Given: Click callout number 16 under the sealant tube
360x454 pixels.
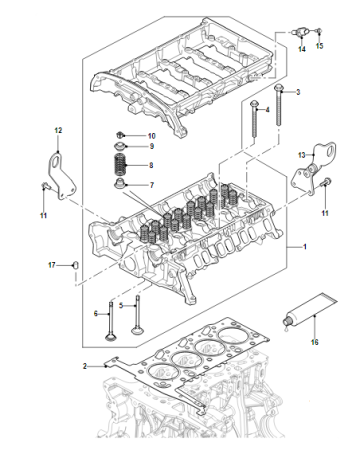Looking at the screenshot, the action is pyautogui.click(x=315, y=342).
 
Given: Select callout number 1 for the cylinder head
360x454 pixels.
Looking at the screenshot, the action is pyautogui.click(x=304, y=247).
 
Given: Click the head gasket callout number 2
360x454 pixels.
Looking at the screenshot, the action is pyautogui.click(x=85, y=366).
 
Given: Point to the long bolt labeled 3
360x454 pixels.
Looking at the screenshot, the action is pyautogui.click(x=279, y=105).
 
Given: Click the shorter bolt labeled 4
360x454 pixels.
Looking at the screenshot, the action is pyautogui.click(x=255, y=118).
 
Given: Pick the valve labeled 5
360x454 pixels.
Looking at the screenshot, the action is pyautogui.click(x=136, y=316).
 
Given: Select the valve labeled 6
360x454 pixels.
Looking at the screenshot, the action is pyautogui.click(x=110, y=321).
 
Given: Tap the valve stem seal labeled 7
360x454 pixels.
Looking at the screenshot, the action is pyautogui.click(x=120, y=183).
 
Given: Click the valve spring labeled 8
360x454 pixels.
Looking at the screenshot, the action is pyautogui.click(x=120, y=165).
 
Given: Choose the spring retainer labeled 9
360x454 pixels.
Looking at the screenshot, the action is pyautogui.click(x=120, y=146).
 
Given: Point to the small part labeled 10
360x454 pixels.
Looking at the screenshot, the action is pyautogui.click(x=120, y=135).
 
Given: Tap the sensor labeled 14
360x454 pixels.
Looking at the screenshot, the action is pyautogui.click(x=299, y=33).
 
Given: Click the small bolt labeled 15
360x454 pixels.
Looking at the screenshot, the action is pyautogui.click(x=319, y=32).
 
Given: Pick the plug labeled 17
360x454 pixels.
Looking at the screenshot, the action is pyautogui.click(x=76, y=265).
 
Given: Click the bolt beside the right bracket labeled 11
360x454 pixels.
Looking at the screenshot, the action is pyautogui.click(x=326, y=182).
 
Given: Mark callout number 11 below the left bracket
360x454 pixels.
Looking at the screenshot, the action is pyautogui.click(x=43, y=216).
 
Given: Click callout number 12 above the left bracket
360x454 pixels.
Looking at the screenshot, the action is pyautogui.click(x=58, y=130).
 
